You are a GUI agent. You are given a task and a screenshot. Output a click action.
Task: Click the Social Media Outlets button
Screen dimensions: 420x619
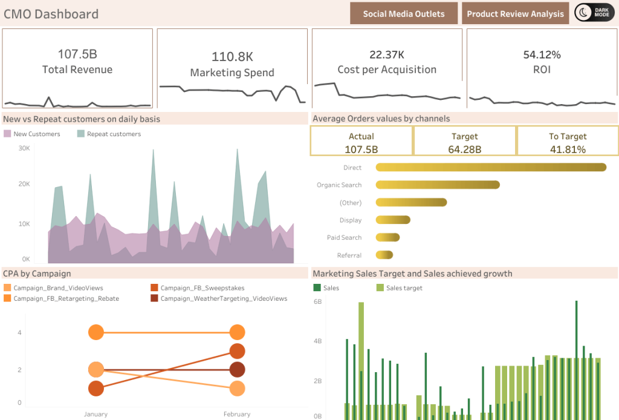[x=404, y=13]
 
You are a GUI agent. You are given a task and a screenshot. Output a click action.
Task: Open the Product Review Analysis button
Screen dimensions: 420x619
[x=515, y=13]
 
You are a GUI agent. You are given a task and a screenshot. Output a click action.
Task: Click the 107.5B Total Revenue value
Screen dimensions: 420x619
[x=77, y=54]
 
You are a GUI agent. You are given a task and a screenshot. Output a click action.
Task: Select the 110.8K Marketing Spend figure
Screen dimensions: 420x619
[x=232, y=57]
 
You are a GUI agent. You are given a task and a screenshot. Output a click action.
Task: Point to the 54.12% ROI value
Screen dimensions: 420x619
[x=542, y=54]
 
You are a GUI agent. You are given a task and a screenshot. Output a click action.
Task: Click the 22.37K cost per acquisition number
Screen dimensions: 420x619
[x=387, y=54]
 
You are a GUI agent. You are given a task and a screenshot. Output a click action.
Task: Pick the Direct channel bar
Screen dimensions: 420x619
[x=491, y=168]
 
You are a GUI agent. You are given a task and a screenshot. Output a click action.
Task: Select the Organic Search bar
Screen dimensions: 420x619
[x=438, y=185]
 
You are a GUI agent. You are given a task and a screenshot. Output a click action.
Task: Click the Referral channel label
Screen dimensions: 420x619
[x=349, y=255]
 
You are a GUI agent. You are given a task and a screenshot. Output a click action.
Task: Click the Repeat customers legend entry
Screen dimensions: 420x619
[x=109, y=134]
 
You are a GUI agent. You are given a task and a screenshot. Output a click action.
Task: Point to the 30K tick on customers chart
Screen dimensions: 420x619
[x=24, y=148]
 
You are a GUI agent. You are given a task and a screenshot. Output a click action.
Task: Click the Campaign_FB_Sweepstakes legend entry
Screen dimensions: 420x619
[x=196, y=288]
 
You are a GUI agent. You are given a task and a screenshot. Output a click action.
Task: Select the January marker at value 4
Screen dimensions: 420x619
[x=96, y=332]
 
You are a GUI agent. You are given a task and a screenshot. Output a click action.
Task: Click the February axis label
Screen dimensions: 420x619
[x=236, y=414]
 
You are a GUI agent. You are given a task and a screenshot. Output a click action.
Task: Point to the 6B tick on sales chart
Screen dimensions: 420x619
[x=317, y=301]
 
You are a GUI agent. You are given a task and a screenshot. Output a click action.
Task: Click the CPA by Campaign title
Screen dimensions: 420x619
[x=37, y=274]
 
